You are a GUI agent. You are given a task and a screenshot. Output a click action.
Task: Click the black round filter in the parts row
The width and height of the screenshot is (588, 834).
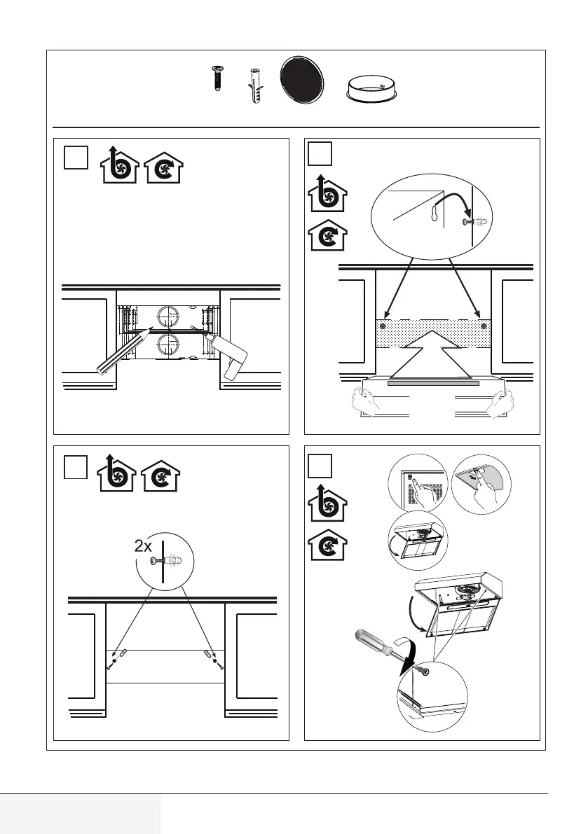click(301, 79)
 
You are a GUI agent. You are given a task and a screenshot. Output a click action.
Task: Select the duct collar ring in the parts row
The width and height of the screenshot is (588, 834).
click(372, 88)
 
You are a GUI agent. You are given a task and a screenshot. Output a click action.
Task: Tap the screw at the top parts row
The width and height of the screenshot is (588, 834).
click(217, 78)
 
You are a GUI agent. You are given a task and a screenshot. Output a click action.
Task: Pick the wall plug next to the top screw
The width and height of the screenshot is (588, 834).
click(254, 85)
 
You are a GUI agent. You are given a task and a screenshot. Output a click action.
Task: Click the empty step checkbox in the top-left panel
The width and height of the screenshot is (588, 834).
click(76, 157)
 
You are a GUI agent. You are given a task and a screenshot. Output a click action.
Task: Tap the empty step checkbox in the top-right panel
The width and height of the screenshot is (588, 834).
click(320, 154)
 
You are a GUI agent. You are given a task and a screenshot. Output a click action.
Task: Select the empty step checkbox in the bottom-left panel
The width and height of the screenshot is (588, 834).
click(76, 466)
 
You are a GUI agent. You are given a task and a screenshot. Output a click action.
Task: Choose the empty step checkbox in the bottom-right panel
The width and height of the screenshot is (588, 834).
click(320, 466)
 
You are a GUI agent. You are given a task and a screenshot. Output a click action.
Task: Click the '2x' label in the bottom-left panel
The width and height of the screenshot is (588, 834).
click(144, 545)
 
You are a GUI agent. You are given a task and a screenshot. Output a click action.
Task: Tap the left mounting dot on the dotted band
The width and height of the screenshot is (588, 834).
click(383, 326)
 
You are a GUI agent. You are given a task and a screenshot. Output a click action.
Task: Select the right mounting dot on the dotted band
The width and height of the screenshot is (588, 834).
click(483, 326)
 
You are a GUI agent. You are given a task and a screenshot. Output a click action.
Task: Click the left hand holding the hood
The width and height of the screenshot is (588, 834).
click(366, 401)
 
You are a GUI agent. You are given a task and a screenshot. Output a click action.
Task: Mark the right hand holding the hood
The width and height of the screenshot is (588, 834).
click(500, 403)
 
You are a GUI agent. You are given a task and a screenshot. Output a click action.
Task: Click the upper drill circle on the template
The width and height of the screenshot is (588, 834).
click(169, 318)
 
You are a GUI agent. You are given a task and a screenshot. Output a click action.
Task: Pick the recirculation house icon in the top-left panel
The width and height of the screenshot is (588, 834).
click(163, 168)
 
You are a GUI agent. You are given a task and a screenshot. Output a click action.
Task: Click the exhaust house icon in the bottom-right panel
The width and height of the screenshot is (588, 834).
click(327, 503)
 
